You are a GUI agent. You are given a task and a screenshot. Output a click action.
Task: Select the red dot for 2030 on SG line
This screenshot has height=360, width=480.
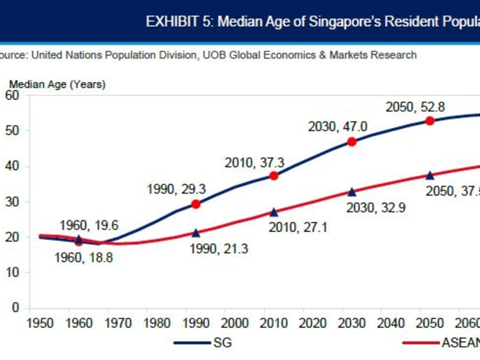coord(352,142)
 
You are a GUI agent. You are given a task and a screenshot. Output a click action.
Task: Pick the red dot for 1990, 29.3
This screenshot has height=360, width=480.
coord(195,204)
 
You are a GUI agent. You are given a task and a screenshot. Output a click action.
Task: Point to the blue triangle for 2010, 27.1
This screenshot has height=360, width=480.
coord(274,212)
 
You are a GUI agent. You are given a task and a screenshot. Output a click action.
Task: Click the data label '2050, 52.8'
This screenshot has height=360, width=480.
coord(415,107)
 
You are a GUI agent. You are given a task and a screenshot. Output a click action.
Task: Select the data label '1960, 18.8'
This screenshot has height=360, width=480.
coord(83,258)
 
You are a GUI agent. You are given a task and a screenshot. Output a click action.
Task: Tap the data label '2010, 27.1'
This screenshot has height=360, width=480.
coord(298,227)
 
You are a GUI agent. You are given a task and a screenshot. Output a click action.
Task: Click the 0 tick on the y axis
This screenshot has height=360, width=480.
coord(16,307)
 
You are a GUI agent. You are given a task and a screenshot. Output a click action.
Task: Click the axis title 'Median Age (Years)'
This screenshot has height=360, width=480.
coord(57,85)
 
